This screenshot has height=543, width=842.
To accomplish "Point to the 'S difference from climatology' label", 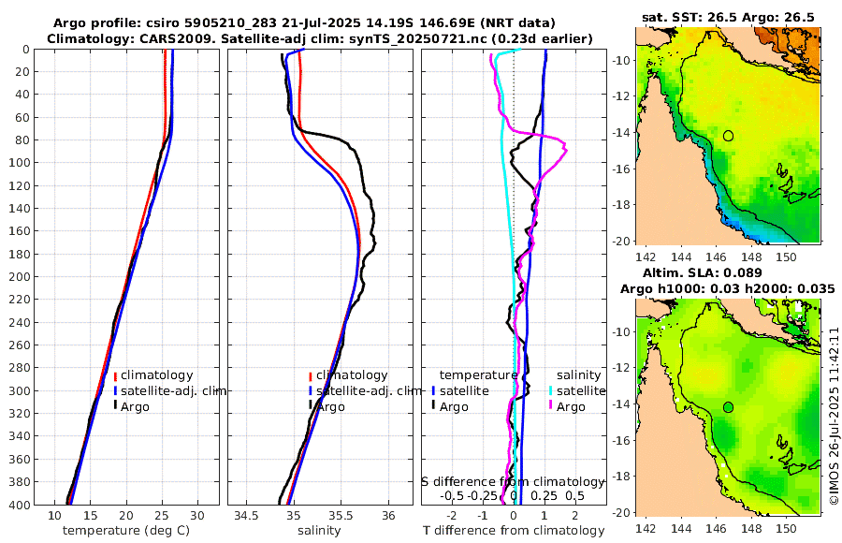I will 514,481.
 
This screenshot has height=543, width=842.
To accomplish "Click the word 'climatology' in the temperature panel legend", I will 156,374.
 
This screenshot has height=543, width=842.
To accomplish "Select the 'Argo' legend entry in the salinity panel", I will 330,406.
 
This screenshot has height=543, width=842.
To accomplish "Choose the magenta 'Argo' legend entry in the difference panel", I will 571,406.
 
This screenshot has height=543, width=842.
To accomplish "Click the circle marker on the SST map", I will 728,136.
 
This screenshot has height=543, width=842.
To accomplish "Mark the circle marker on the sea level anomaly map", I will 728,407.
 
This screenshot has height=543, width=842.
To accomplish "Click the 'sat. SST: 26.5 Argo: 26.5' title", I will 728,18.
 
